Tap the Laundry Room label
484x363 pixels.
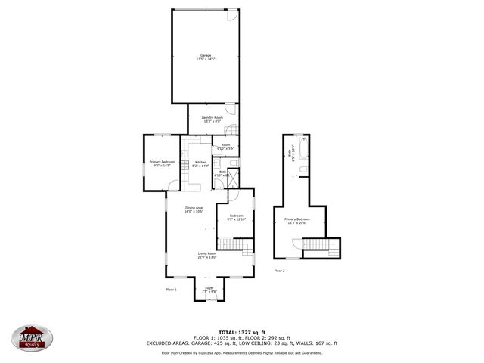(212, 119)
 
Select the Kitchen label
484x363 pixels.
(200, 164)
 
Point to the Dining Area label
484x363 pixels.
(194, 209)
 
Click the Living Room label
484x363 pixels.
(207, 256)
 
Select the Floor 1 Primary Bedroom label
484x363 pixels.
(163, 164)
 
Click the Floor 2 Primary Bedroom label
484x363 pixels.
(296, 221)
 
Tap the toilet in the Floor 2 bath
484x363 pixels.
(304, 140)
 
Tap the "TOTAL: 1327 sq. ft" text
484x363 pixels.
(241, 332)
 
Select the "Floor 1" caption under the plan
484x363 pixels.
(171, 289)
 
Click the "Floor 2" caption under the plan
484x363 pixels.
(279, 270)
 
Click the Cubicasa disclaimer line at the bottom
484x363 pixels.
(241, 352)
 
